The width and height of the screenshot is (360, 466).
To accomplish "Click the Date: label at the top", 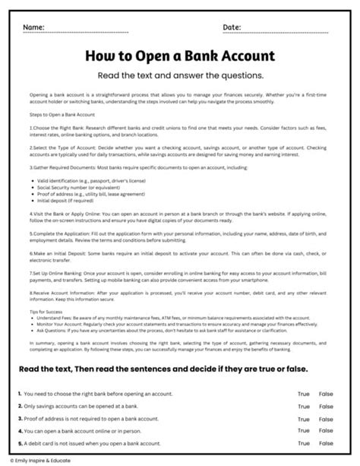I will click(x=232, y=28).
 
